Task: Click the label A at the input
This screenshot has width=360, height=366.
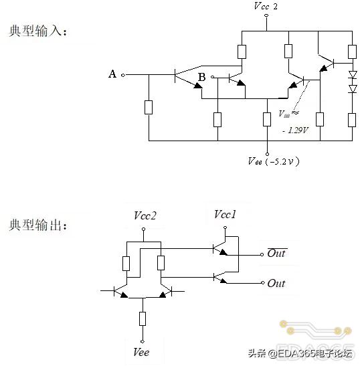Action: click(x=112, y=74)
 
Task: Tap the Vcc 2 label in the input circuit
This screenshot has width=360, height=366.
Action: click(x=266, y=7)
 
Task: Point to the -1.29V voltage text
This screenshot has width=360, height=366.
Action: click(x=295, y=130)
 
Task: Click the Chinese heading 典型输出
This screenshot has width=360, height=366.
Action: click(x=37, y=225)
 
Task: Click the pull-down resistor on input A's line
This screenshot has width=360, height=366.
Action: click(x=149, y=108)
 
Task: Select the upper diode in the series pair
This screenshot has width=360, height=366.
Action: click(x=352, y=74)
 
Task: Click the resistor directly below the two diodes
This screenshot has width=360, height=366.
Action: click(x=352, y=119)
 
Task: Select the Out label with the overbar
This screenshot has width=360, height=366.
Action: click(x=276, y=254)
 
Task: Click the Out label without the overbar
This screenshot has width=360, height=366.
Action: click(x=276, y=284)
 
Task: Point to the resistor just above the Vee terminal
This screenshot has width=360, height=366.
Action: click(x=143, y=317)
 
